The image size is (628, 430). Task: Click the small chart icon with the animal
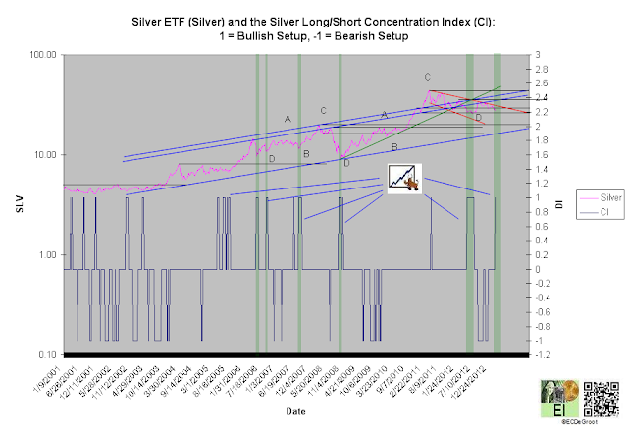click(x=403, y=178)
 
